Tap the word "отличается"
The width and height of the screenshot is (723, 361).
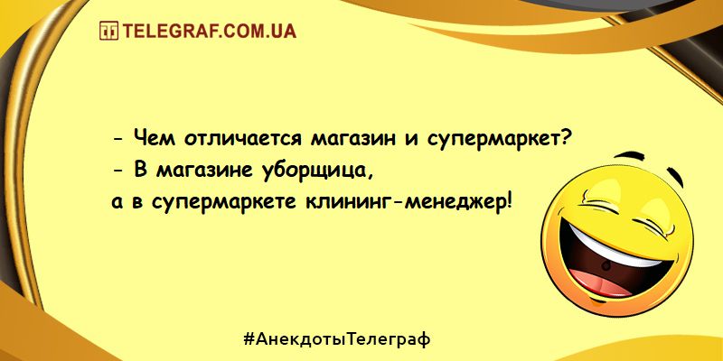[242, 139]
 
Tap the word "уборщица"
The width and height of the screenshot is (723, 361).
[317, 172]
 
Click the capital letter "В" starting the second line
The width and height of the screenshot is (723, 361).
[141, 171]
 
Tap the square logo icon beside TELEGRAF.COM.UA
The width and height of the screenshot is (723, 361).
[108, 31]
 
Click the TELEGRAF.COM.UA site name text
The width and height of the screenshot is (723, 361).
[209, 31]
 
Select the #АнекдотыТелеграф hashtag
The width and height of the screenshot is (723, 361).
[336, 339]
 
